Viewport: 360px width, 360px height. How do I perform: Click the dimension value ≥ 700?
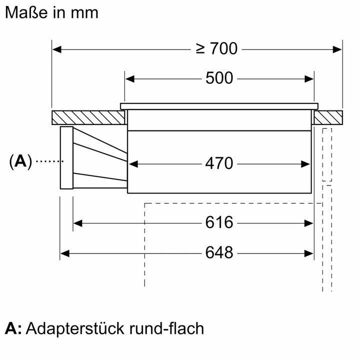(x=216, y=49)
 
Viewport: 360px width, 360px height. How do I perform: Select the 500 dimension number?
(x=219, y=78)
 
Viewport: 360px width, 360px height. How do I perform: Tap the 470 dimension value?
(x=219, y=163)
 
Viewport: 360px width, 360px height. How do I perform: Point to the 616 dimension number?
(x=219, y=222)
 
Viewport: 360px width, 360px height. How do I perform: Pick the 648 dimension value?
(x=219, y=252)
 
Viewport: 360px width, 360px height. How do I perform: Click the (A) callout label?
(x=20, y=161)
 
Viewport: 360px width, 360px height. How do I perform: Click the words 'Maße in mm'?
(x=51, y=12)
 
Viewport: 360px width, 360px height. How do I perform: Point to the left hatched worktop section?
(x=88, y=118)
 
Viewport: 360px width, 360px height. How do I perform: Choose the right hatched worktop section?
(x=328, y=118)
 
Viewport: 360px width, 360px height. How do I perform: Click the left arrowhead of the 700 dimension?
(x=56, y=49)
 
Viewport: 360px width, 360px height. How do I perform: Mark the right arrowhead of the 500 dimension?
(x=309, y=78)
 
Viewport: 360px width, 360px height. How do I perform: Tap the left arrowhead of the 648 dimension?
(x=64, y=253)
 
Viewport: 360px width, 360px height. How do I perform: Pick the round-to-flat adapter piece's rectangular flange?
(x=66, y=158)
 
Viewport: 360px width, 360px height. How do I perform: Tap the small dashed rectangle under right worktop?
(x=327, y=154)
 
